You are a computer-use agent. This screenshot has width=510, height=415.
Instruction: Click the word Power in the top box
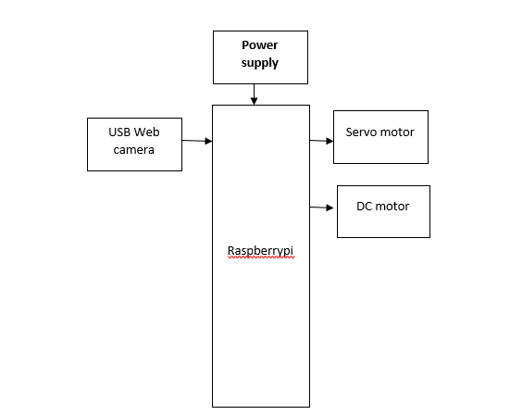259,44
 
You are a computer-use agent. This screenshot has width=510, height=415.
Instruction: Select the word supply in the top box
259,63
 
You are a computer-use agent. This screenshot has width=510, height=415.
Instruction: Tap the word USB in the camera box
119,132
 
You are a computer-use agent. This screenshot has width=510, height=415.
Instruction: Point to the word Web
146,132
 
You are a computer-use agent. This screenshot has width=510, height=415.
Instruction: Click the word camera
133,150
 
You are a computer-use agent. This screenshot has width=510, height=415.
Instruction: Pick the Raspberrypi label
260,251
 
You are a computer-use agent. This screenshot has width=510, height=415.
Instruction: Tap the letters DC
364,207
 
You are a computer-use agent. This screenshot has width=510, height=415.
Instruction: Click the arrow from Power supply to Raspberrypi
254,94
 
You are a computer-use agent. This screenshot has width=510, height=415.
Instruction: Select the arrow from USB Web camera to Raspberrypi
197,141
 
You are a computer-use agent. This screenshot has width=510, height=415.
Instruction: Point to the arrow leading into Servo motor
321,141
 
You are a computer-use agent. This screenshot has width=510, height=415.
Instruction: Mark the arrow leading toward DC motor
321,207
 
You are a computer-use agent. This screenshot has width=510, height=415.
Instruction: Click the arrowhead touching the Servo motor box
330,141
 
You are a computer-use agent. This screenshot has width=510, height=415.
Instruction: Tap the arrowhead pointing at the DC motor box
330,207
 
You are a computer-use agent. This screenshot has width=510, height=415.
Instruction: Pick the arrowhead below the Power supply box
254,101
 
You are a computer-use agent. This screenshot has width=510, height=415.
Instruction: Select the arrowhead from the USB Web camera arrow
208,141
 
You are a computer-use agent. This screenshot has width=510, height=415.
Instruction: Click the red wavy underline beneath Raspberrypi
261,258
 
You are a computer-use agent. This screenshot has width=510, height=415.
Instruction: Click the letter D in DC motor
360,207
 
